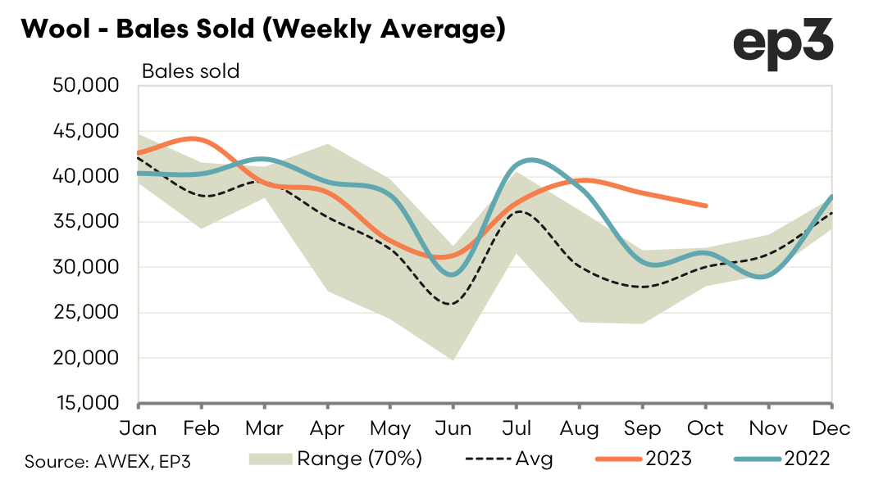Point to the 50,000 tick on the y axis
[x=88, y=85]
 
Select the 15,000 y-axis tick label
[x=88, y=404]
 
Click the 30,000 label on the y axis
[x=88, y=267]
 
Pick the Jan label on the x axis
[x=139, y=428]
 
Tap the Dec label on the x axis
[x=832, y=428]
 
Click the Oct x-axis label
[x=706, y=428]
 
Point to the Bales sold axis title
[x=190, y=71]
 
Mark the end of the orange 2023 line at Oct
[x=706, y=206]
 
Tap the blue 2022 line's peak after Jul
[x=532, y=160]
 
